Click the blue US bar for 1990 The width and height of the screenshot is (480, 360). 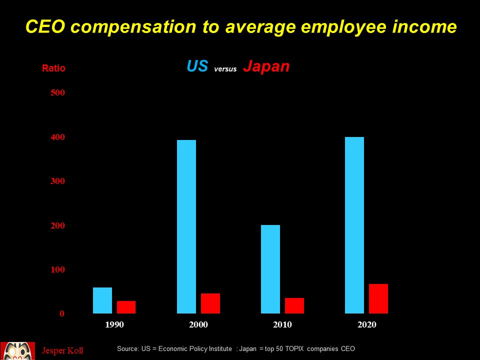point(102,300)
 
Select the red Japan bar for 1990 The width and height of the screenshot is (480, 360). point(126,307)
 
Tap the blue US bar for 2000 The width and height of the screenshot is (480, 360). point(186,226)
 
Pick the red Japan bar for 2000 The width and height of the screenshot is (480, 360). point(210,303)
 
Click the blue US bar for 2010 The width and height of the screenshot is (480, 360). point(270,269)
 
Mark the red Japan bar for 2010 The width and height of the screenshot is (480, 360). point(294,305)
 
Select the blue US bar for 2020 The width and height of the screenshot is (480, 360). point(354,225)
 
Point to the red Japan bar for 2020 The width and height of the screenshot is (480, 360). point(378,298)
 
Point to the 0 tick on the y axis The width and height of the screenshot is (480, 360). point(62,314)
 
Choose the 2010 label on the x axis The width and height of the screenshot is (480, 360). point(282,325)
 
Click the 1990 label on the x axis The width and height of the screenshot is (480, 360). point(114,325)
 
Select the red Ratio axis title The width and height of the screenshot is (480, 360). point(53,68)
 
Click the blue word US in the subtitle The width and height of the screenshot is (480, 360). point(197,66)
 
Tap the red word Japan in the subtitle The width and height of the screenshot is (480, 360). point(266,66)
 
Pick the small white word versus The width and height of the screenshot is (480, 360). point(225,69)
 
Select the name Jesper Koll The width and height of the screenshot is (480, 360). point(62,350)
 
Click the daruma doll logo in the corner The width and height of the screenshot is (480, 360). point(17,350)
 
